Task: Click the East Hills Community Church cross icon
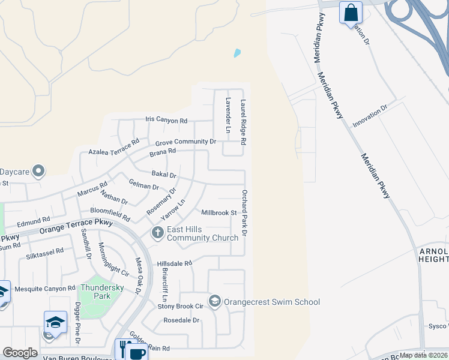point(157,232)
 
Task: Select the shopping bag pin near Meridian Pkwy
point(351,12)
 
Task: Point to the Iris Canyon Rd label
point(166,121)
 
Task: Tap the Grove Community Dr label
point(185,142)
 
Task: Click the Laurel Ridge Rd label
point(244,122)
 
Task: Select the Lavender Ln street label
point(228,115)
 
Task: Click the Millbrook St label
point(219,213)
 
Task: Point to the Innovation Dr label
point(370,116)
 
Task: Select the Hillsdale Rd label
point(174,263)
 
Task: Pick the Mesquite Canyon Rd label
point(46,288)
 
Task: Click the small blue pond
point(237,53)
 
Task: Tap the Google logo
point(20,353)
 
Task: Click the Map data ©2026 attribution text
point(424,355)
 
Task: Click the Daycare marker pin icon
point(39,172)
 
